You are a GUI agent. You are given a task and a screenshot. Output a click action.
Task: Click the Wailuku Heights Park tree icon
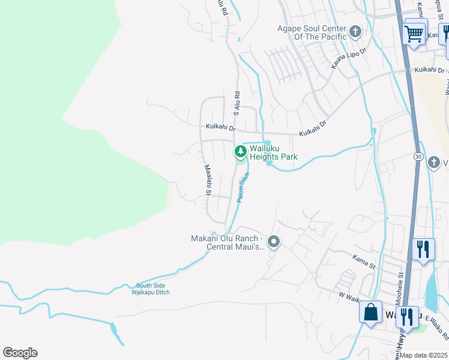click(241, 151)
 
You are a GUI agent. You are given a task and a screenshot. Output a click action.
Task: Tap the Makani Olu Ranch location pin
click(274, 242)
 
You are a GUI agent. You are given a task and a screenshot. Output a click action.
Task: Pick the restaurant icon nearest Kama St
click(423, 250)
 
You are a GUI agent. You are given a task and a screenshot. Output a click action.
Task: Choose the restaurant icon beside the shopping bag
click(407, 315)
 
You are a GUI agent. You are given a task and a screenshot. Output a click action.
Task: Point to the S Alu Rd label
click(237, 103)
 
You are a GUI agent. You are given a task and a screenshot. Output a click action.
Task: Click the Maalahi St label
click(207, 180)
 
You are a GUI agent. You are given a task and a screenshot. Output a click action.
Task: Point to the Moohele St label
click(400, 283)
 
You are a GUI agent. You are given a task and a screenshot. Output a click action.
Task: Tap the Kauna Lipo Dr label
click(348, 58)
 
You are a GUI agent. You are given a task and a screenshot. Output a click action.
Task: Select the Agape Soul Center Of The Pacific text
click(312, 32)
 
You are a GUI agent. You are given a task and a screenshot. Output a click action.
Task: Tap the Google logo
click(20, 353)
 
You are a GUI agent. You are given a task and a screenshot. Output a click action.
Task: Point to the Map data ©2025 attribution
click(423, 355)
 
